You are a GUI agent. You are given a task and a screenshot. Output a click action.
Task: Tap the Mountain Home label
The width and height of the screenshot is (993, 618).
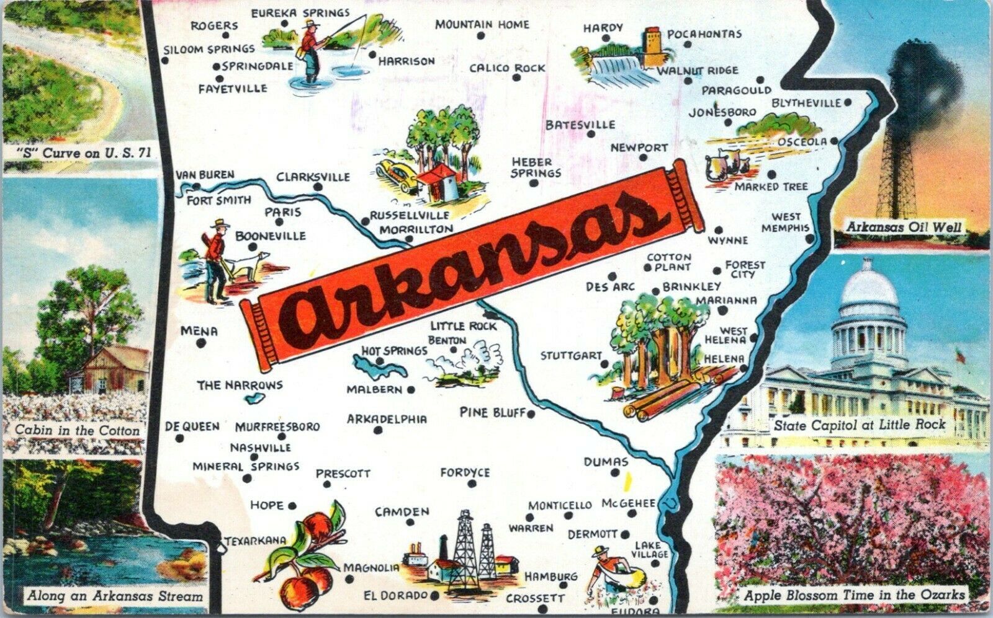[482, 25]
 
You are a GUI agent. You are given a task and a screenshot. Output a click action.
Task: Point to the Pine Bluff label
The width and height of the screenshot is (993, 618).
[493, 412]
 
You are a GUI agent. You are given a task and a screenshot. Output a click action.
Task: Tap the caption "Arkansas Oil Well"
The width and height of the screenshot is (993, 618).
[904, 227]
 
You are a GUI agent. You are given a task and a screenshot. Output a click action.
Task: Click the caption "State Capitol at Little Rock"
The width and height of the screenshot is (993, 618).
[860, 425]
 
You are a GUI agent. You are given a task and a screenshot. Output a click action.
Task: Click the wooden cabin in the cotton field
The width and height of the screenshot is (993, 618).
[115, 369]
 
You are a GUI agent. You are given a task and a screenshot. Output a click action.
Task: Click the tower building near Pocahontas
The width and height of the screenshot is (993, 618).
[654, 46]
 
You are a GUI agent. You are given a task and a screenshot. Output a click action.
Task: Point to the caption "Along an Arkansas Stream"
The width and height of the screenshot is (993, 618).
[114, 597]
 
